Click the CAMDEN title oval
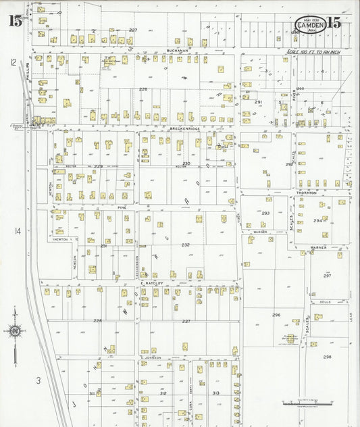pos(311,25)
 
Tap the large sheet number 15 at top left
pos(15,20)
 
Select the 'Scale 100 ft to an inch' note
pos(315,51)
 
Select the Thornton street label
pos(306,193)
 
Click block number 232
pos(185,245)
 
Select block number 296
pos(276,315)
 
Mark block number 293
pos(265,213)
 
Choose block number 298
pos(327,357)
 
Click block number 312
pos(163,393)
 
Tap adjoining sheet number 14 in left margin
pos(18,232)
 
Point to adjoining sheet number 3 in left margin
pos(38,381)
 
